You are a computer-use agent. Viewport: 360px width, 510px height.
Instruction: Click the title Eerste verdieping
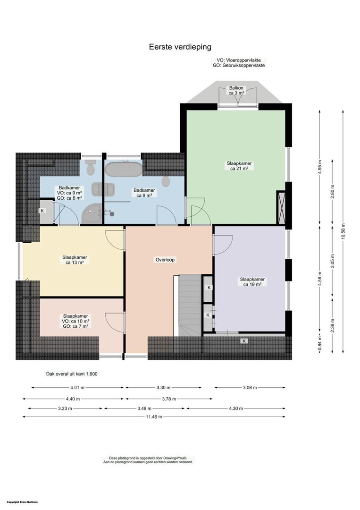pos(180,47)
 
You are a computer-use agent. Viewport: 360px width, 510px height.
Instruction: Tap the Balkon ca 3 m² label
pos(236,90)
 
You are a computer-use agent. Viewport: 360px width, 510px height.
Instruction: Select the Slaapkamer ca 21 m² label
pos(239,166)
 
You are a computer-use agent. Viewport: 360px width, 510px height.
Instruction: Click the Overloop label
pos(165,260)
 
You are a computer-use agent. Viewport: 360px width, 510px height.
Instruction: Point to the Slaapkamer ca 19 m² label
pos(252,281)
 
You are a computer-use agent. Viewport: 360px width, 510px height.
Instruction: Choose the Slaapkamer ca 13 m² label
pos(75,260)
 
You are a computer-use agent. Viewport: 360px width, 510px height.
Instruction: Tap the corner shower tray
pos(92,213)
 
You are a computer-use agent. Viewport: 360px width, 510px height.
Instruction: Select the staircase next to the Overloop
pos(191,305)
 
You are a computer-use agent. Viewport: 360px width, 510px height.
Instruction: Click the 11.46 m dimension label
pos(154,416)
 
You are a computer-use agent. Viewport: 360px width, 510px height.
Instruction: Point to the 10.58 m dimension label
pos(343,231)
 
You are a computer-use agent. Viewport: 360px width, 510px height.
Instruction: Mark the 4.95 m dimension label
pos(320,167)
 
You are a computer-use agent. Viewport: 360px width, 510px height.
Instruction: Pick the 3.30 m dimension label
pos(163,387)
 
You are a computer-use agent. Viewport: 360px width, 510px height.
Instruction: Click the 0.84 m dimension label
pos(320,344)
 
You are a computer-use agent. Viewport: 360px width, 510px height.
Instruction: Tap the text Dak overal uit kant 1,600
pos(72,374)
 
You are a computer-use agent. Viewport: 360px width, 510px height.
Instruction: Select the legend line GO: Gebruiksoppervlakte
pos(239,65)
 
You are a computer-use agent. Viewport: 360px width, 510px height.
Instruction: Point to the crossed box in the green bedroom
pos(280,207)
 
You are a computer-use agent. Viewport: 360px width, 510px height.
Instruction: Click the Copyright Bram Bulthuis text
pos(22,502)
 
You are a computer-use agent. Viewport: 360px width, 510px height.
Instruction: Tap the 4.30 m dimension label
pos(236,408)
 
